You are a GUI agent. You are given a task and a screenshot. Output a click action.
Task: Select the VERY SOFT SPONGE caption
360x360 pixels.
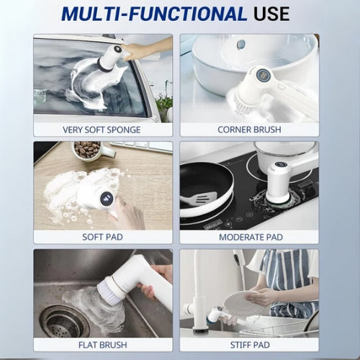coord(102,130)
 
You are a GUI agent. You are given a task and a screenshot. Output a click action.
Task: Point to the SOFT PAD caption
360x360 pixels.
coord(102,237)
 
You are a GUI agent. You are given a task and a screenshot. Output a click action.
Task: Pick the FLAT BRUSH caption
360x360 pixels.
coord(102,344)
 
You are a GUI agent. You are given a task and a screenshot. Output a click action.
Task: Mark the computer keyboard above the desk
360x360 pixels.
coord(145,147)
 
